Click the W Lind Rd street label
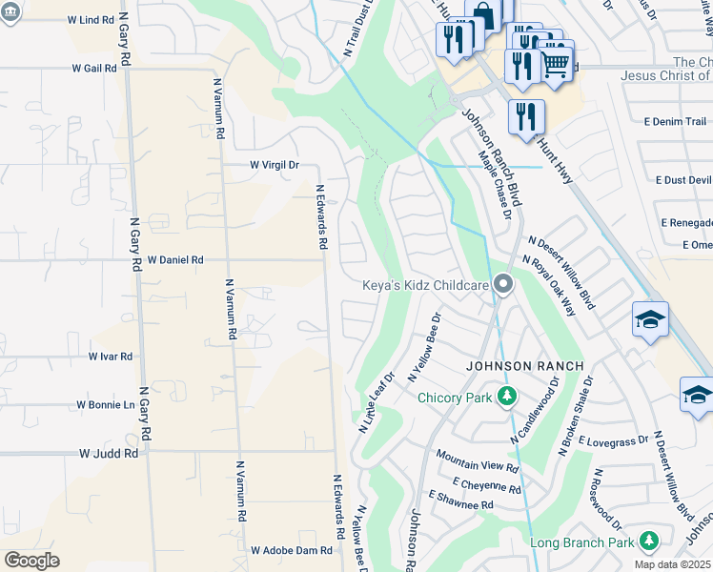[x=91, y=20]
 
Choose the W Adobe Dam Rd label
[x=292, y=550]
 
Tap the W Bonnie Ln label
[x=106, y=405]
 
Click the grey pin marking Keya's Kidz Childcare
[x=504, y=284]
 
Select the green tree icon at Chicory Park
[x=508, y=396]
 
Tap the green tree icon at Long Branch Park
[x=648, y=541]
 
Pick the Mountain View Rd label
[x=477, y=468]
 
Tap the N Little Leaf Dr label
[x=377, y=403]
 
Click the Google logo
[x=31, y=560]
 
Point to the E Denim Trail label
[x=677, y=122]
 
